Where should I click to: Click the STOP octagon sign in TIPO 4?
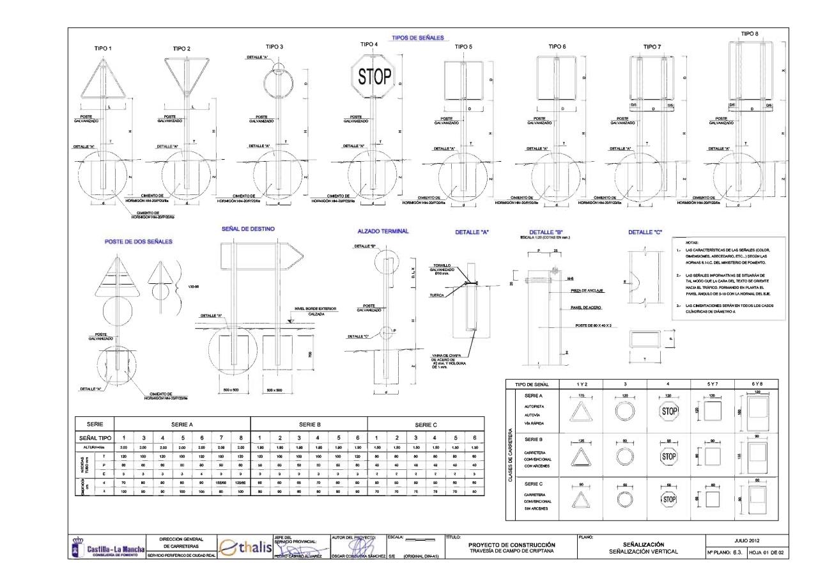374,77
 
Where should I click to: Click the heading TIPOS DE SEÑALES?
417,38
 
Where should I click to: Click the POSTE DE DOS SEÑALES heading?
138,242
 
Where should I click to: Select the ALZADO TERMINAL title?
383,231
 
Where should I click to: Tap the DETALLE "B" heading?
546,231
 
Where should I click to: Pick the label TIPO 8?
750,33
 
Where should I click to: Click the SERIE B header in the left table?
309,424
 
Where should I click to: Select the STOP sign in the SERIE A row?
668,411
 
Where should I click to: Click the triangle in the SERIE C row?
581,500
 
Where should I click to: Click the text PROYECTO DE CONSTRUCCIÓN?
511,544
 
